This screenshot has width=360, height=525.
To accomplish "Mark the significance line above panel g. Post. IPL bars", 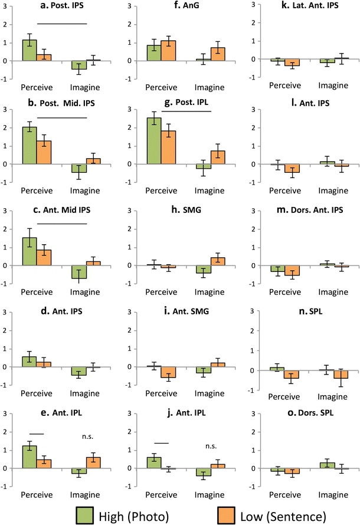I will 186,111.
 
